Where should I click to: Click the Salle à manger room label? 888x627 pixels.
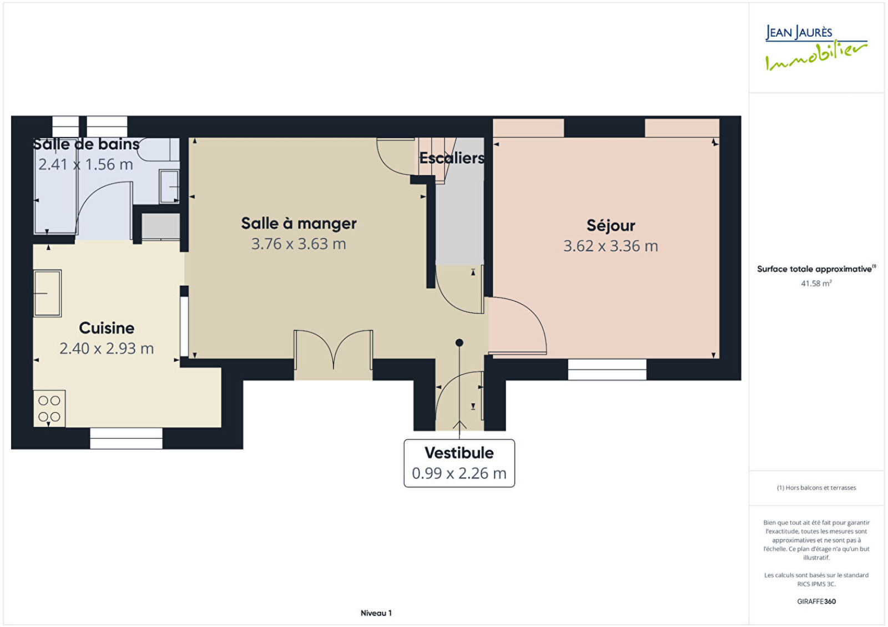(299, 224)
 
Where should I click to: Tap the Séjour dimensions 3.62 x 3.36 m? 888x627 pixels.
(610, 246)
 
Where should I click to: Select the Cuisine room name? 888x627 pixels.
(107, 328)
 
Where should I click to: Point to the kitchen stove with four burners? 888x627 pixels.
(49, 408)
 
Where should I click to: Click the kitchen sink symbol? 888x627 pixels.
(47, 294)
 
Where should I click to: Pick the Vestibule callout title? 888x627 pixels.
(459, 453)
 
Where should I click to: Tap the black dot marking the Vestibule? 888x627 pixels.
(459, 342)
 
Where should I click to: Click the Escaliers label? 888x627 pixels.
(452, 158)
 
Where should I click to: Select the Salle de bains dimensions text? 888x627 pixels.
(85, 164)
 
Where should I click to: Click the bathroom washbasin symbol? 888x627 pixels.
(169, 186)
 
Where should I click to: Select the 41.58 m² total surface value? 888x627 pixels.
(816, 284)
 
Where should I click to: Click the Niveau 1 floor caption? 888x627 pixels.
(376, 613)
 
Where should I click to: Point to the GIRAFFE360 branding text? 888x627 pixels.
(816, 601)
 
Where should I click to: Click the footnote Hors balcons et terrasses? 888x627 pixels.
(816, 488)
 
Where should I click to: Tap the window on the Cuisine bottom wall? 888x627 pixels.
(126, 438)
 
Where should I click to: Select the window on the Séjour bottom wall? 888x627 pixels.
(607, 370)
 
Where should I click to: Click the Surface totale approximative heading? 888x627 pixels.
(816, 269)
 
